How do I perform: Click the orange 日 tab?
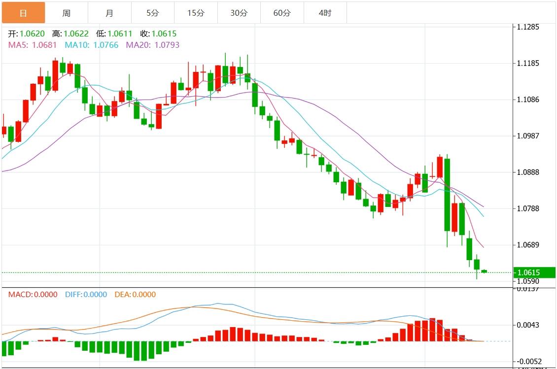click(x=23, y=13)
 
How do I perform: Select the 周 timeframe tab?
click(x=67, y=13)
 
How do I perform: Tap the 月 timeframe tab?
click(x=109, y=13)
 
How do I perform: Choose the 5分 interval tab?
click(x=153, y=13)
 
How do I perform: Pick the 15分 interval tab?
click(x=196, y=13)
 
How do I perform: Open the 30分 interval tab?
click(x=239, y=13)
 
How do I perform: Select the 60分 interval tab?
click(x=282, y=13)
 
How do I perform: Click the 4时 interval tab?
click(x=325, y=13)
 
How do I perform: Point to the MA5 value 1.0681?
click(x=44, y=45)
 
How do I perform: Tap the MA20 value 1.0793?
click(x=167, y=45)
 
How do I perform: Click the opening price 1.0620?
click(x=32, y=34)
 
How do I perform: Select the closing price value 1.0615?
click(x=164, y=34)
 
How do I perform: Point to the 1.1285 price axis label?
click(x=528, y=27)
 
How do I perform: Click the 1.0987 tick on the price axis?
click(x=528, y=136)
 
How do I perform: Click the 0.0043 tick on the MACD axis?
click(x=528, y=325)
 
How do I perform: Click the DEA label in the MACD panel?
click(x=122, y=295)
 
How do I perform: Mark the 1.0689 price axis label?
click(x=528, y=245)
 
